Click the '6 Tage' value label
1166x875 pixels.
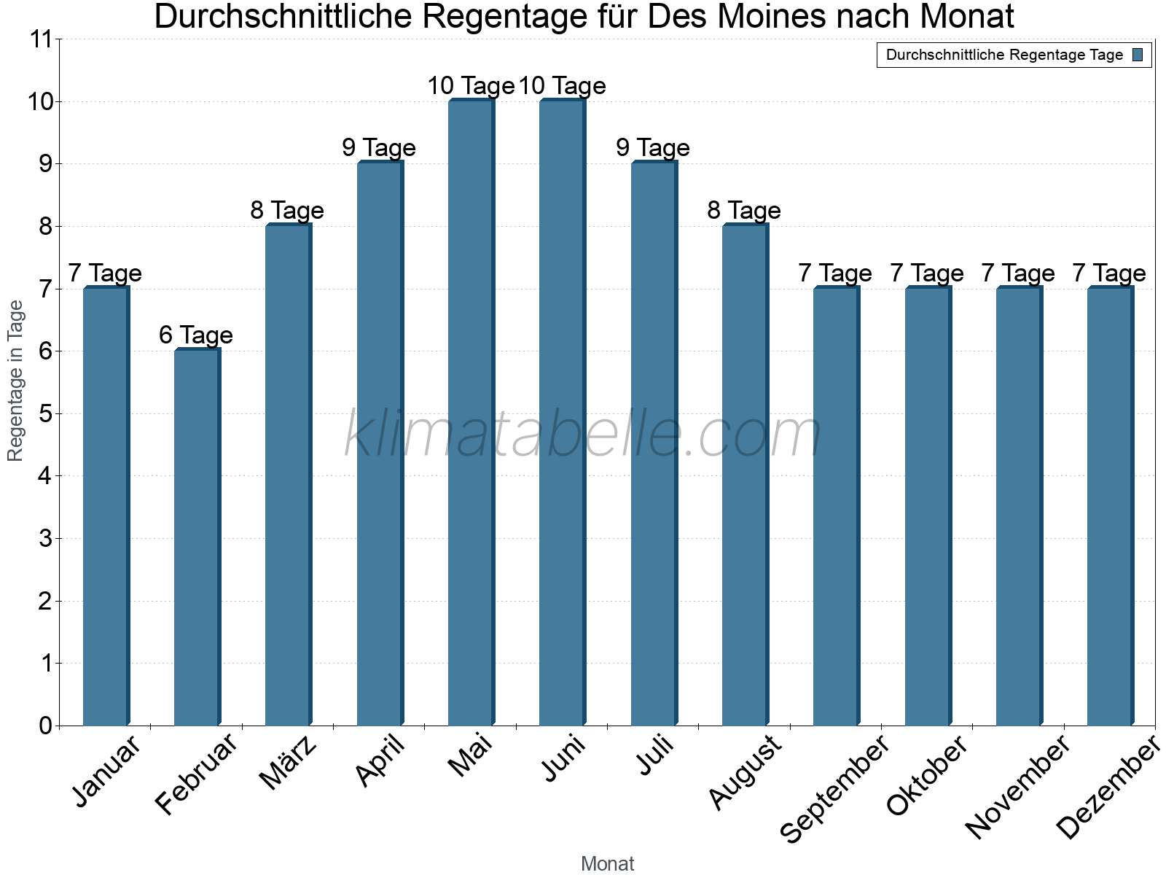click(196, 335)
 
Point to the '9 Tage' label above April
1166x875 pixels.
click(379, 148)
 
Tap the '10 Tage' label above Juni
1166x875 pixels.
click(563, 86)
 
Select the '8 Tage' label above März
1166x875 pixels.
click(287, 211)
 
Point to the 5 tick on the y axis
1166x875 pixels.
click(45, 414)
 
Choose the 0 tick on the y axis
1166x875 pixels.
click(45, 726)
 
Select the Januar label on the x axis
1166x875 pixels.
click(106, 773)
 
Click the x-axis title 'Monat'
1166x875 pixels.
click(607, 864)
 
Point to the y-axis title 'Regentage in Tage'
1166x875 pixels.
click(16, 381)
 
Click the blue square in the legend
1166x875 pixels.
click(1138, 55)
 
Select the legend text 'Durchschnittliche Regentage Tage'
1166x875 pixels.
click(1004, 55)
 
